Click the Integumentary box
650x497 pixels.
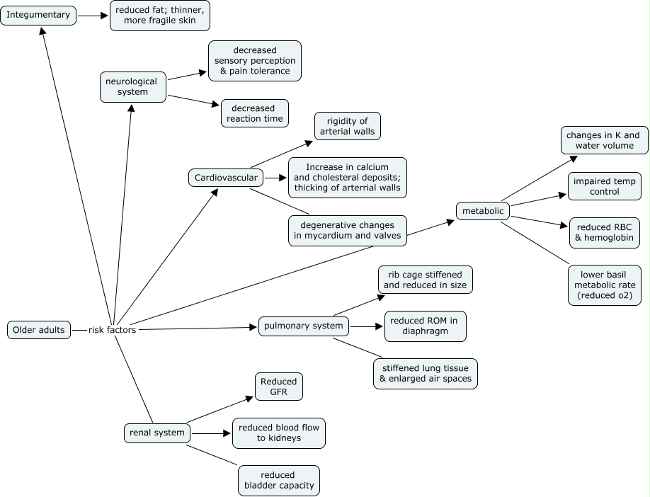coord(38,15)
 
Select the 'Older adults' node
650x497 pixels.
coord(39,330)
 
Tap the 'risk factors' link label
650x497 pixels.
coord(112,330)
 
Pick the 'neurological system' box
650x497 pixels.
coord(132,86)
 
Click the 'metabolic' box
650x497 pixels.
coord(483,211)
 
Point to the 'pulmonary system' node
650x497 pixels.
coord(303,326)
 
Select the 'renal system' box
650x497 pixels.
coord(156,433)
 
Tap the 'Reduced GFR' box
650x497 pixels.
coord(278,387)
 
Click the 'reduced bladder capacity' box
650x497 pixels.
coord(278,481)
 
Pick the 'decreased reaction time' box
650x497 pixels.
coord(254,114)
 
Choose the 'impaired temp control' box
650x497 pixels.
coord(604,185)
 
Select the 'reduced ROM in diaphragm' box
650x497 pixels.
coord(425,326)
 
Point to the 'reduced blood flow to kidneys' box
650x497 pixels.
coord(278,433)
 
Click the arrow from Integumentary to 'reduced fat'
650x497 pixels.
coord(93,15)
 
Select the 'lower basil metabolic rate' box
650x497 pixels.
coord(604,285)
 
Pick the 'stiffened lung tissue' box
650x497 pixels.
coord(426,373)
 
